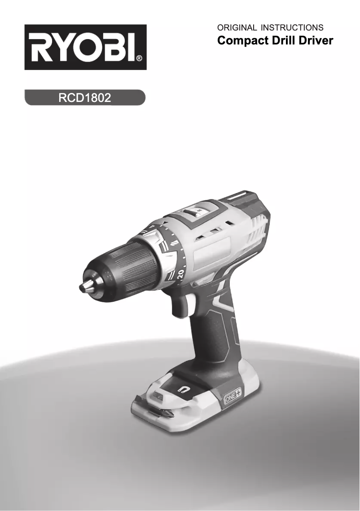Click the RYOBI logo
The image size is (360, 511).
tap(85, 47)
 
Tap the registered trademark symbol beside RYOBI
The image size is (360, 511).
tap(139, 58)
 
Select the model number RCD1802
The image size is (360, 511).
tap(85, 97)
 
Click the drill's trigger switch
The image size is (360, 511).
tap(180, 305)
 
